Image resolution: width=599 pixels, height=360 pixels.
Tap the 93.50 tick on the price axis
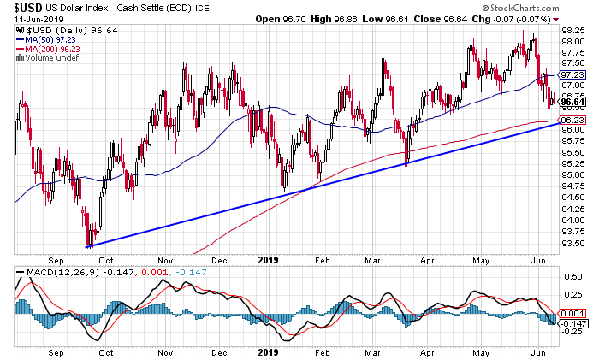click(x=572, y=243)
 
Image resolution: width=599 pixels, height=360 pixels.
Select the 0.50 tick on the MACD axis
click(x=572, y=278)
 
